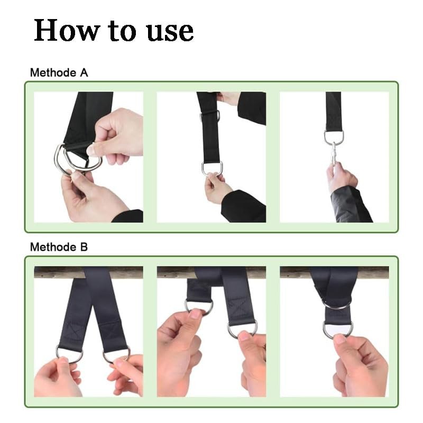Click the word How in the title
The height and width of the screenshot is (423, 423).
point(67,30)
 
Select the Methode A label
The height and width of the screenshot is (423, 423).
point(59,72)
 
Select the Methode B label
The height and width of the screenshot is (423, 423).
point(59,246)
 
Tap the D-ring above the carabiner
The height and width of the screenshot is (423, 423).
point(334,136)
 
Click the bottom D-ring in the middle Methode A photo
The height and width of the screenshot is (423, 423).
point(212,168)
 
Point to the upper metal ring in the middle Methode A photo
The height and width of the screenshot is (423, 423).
point(209,115)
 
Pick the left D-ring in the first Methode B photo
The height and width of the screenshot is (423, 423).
point(69,353)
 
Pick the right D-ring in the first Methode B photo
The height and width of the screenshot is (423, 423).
point(117,353)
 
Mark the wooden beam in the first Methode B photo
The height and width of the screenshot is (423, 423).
point(58,272)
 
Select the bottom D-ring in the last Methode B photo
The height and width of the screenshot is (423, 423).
point(338,329)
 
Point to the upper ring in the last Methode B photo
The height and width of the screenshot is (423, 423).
point(336,304)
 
